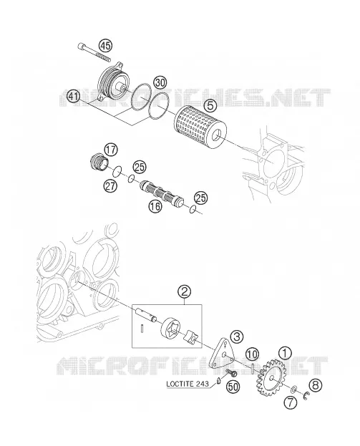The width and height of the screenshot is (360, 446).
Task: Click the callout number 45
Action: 105,46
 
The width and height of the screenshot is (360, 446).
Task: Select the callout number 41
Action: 74,97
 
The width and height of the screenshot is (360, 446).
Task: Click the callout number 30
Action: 160,83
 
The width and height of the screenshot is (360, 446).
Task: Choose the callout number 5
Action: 210,106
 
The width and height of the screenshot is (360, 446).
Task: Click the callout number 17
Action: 111,150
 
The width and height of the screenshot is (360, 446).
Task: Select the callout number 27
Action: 110,185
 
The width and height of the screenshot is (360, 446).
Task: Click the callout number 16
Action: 155,205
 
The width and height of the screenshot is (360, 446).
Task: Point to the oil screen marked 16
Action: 162,194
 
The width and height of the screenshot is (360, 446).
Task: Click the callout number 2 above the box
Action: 184,291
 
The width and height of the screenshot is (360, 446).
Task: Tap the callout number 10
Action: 252,354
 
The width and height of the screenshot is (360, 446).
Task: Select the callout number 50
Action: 233,387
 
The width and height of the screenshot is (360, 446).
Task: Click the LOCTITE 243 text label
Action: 187,384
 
